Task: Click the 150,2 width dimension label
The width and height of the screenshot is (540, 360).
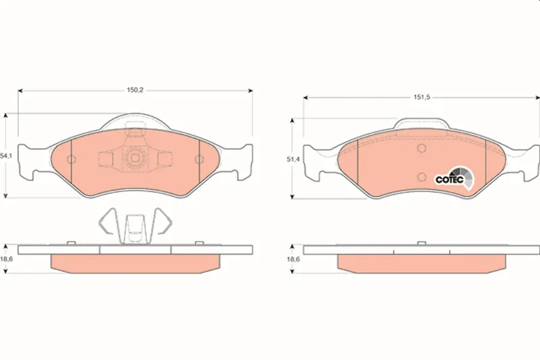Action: click(x=135, y=91)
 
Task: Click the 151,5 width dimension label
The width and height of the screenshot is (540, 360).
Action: click(x=422, y=97)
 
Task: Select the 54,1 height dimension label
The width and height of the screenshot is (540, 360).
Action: click(x=6, y=156)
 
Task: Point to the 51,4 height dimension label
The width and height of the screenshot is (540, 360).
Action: click(x=293, y=159)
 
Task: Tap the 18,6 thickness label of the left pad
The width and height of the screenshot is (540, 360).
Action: click(x=7, y=259)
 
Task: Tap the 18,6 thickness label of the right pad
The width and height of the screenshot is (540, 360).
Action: click(x=294, y=259)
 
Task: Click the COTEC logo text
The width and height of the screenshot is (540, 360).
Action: click(x=450, y=180)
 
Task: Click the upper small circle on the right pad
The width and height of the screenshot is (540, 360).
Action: click(x=421, y=149)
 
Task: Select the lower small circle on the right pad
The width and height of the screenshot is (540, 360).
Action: click(x=421, y=177)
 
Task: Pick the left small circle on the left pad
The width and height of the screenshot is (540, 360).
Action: click(x=72, y=159)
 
